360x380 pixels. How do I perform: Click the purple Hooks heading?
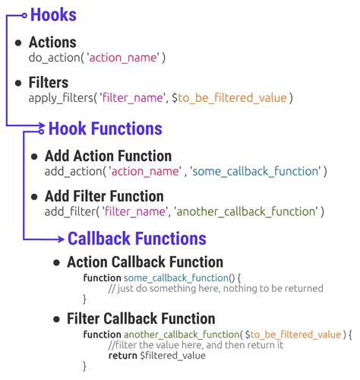coord(52,14)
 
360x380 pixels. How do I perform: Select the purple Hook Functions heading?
coord(105,129)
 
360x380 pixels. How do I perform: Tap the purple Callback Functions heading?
coord(137,239)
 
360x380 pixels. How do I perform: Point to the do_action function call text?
coord(96,58)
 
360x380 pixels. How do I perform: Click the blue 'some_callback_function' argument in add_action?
coord(256,172)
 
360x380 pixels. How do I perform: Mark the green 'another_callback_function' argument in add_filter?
coord(247,211)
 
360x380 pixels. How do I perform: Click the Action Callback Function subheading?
coord(144,262)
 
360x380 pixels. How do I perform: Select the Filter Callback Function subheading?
coord(141,319)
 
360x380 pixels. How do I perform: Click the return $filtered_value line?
coord(156,355)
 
